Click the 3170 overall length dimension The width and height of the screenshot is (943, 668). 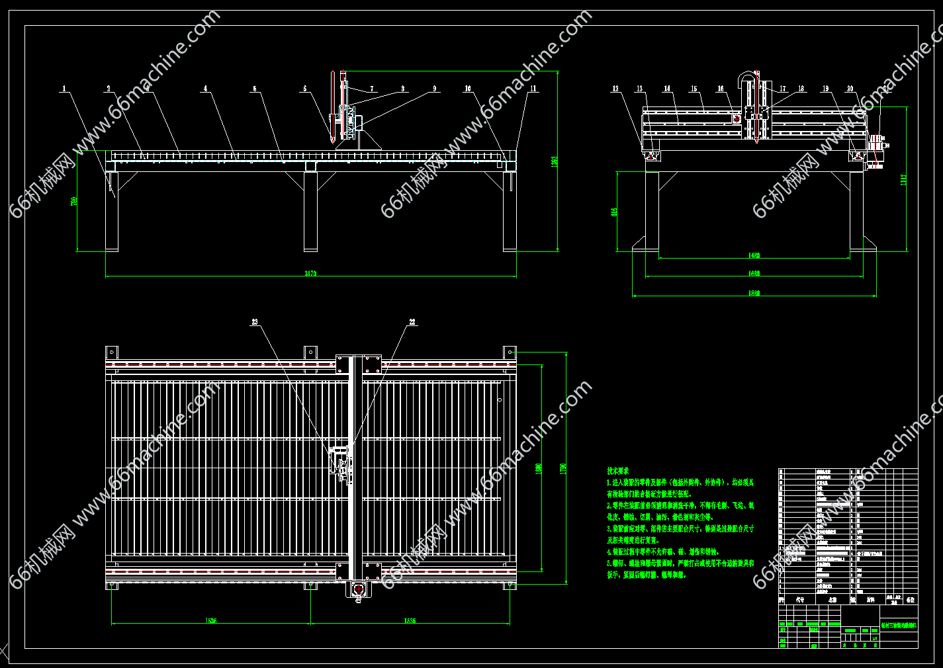(310, 273)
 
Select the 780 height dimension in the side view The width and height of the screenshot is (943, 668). (74, 200)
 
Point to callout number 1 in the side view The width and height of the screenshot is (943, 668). (64, 88)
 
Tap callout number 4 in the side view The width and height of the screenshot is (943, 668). (205, 88)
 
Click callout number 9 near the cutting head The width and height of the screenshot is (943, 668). (435, 88)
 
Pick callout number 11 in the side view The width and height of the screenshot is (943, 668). (533, 88)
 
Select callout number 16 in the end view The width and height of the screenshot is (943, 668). (721, 88)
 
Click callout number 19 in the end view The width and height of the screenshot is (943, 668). (825, 88)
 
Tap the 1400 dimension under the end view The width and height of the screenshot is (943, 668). (754, 255)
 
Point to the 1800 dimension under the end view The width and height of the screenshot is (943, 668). (754, 293)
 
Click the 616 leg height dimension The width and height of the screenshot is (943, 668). (614, 212)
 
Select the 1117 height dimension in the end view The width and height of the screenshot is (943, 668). (903, 179)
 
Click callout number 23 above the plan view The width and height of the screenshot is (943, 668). (254, 322)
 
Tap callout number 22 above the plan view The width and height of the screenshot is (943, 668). (412, 322)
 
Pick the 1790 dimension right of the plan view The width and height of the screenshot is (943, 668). (564, 468)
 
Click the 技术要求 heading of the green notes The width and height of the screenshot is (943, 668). (618, 470)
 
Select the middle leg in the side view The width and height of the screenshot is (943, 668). (310, 211)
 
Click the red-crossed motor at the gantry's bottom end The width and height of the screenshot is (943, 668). (359, 588)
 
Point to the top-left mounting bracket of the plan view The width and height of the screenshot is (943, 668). (112, 352)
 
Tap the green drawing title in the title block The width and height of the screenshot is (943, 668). (899, 624)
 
